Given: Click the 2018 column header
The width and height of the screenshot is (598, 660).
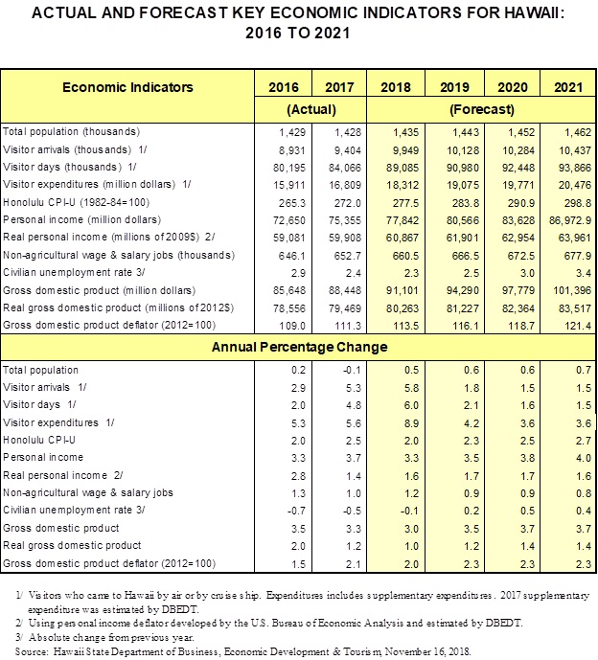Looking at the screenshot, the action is (x=396, y=87).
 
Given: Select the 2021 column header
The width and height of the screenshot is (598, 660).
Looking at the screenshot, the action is (x=568, y=87).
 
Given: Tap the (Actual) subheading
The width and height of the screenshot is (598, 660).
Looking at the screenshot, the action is (x=311, y=110).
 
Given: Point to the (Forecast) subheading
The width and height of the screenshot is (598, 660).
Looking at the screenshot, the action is (x=482, y=110).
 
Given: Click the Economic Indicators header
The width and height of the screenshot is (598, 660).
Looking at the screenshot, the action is (x=127, y=87).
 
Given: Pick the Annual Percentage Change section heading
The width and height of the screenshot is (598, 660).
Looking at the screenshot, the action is (x=299, y=347).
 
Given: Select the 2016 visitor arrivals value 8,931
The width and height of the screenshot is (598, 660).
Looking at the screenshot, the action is (x=292, y=150).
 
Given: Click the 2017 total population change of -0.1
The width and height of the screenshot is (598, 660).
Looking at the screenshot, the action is (x=352, y=370).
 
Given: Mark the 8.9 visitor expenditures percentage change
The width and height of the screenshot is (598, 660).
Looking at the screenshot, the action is (x=411, y=423).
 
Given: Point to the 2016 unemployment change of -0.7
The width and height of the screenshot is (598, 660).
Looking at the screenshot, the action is (x=296, y=511).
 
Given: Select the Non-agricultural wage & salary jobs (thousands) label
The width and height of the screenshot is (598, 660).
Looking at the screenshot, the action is (x=119, y=255).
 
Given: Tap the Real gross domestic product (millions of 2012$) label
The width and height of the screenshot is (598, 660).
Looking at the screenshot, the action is (x=118, y=307).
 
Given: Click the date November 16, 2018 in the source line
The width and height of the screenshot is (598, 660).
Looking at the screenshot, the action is (x=427, y=651).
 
